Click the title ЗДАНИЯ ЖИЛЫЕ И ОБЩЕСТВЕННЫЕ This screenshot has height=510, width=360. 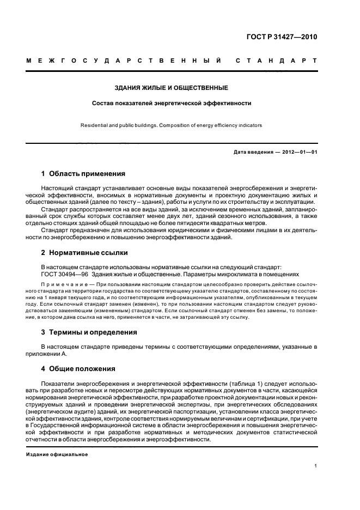[171, 88]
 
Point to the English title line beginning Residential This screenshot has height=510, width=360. [171, 125]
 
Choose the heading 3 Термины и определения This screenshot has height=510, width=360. [89, 332]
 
